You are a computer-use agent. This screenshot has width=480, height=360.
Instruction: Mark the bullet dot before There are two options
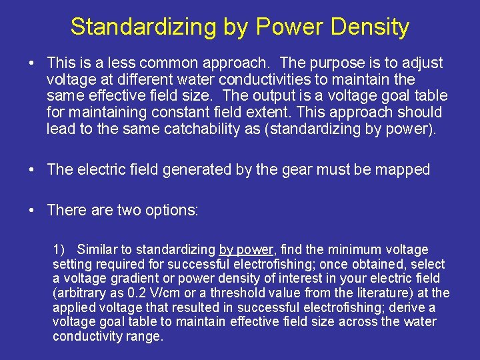32,210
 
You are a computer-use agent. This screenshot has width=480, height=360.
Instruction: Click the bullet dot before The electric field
32,169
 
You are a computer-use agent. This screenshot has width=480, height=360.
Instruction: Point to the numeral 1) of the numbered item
59,249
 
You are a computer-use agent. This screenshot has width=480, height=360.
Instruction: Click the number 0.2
131,293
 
